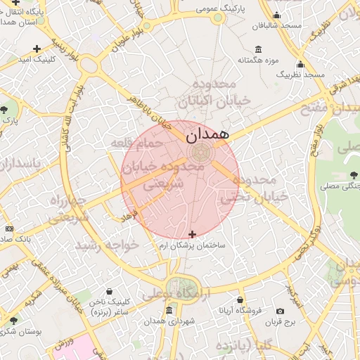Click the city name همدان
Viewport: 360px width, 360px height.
[x=209, y=134]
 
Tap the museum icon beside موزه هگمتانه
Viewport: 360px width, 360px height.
[x=259, y=49]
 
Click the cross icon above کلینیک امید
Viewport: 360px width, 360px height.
[x=37, y=49]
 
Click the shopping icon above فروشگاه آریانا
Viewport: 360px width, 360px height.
[x=240, y=300]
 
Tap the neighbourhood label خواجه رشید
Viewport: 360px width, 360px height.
[x=109, y=245]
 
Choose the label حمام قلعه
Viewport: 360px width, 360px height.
[x=136, y=143]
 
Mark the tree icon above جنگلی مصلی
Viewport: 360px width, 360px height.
[x=354, y=175]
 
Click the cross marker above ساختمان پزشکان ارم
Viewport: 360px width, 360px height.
[x=192, y=233]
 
